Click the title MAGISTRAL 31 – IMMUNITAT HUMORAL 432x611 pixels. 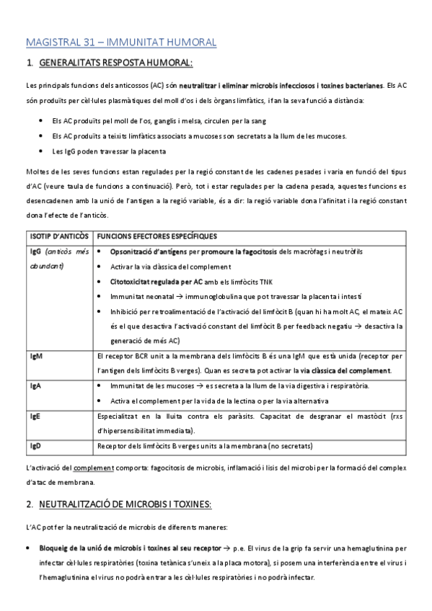pos(120,43)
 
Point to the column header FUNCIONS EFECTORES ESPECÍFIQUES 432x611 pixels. pos(157,236)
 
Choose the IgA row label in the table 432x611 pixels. pos(35,385)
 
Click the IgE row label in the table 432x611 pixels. pos(35,416)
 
